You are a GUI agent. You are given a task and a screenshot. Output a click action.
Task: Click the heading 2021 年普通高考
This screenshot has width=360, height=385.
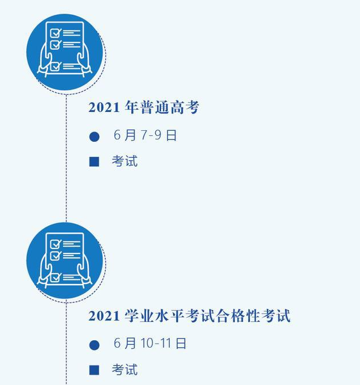[144, 107]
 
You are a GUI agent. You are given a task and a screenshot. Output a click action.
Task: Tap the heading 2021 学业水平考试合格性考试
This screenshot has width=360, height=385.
[190, 316]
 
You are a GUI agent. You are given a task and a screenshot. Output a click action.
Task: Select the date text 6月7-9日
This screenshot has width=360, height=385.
[145, 135]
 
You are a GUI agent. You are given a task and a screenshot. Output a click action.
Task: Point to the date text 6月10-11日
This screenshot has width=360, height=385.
[150, 343]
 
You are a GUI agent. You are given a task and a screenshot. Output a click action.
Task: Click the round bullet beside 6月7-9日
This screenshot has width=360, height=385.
[95, 137]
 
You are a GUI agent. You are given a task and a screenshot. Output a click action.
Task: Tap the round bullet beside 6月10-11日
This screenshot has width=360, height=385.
[95, 345]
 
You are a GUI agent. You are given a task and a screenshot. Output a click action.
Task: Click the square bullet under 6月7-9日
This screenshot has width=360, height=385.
[94, 162]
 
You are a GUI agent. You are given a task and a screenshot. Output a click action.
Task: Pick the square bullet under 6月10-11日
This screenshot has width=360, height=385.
[94, 370]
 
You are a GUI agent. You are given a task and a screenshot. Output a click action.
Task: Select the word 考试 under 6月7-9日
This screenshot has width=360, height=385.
[124, 161]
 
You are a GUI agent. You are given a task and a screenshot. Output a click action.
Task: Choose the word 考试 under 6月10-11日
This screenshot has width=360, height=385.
[124, 370]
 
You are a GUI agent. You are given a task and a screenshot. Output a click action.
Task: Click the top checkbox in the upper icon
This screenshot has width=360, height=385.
[56, 33]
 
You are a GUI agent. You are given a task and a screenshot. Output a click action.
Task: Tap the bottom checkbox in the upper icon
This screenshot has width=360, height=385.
[56, 67]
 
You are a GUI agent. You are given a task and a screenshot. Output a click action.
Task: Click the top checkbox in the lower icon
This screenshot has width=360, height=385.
[56, 244]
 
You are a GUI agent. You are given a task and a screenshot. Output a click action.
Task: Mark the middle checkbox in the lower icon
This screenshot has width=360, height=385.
[56, 255]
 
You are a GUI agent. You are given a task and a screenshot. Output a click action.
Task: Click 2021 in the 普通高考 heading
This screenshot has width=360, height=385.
[104, 107]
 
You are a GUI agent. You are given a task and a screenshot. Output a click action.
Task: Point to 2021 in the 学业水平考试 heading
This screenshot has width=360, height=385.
[104, 316]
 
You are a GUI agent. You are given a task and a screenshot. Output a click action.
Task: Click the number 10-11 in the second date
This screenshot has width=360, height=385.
[155, 343]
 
